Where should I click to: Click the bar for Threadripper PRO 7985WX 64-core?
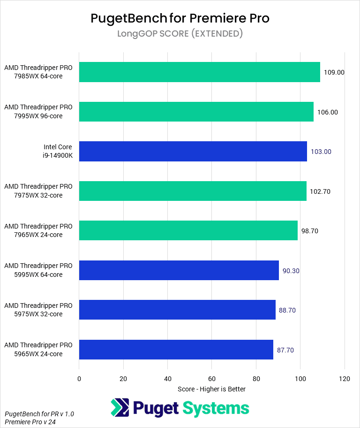[x=199, y=72]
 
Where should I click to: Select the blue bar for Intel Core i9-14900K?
[x=193, y=152]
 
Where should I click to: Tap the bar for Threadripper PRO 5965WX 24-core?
[x=176, y=350]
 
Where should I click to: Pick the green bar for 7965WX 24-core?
[x=188, y=230]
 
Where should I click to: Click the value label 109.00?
[x=334, y=72]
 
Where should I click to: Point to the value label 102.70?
[x=321, y=191]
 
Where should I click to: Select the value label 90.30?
[x=291, y=271]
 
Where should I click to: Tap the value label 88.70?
[x=287, y=310]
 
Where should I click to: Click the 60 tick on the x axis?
[x=212, y=379]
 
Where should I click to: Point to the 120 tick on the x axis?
[x=345, y=379]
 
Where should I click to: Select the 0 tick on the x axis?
[x=79, y=379]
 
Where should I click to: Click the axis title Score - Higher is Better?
[x=211, y=389]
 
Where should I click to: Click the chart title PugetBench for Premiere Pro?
[x=180, y=18]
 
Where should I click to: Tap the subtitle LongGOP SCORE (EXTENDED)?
[x=180, y=34]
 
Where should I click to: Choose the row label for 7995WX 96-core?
[x=38, y=112]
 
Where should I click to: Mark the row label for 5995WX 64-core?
[x=38, y=270]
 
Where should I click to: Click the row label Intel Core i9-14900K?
[x=58, y=151]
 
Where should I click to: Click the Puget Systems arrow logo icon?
[x=120, y=408]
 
